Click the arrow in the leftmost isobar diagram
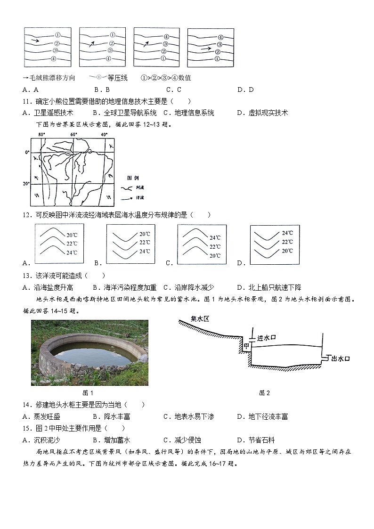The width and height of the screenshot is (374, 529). pos(35,41)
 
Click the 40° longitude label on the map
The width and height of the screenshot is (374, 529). pos(104,135)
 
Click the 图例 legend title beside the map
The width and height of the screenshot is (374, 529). pos(133,178)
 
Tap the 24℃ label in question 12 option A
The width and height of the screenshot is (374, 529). pos(72,252)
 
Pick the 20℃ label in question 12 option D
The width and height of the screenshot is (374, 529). pos(287,251)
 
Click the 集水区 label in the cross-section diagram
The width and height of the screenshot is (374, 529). pos(200,319)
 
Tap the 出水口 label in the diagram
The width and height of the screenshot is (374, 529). pos(341,359)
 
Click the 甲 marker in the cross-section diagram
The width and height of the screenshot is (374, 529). pos(246,346)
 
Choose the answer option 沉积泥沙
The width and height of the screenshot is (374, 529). pos(47,440)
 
